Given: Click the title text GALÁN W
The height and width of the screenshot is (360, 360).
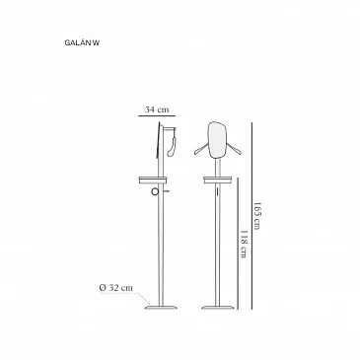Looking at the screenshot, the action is point(82,42).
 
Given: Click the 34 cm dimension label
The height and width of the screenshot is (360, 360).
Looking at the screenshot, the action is point(157,109).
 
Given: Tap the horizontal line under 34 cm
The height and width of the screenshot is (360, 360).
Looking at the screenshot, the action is point(157,115).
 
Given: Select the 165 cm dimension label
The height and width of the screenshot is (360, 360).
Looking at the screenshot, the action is point(256,216).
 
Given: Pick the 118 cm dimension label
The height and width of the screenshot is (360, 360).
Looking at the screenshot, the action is point(244,244).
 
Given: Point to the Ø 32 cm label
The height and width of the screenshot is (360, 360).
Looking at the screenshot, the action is point(116,288).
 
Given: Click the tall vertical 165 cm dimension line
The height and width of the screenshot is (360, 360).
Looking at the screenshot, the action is point(252,216).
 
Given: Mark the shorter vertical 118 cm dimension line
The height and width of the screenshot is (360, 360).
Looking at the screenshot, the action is point(238,244).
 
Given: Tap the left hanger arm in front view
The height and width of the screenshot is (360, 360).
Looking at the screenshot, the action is point(201,150).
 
